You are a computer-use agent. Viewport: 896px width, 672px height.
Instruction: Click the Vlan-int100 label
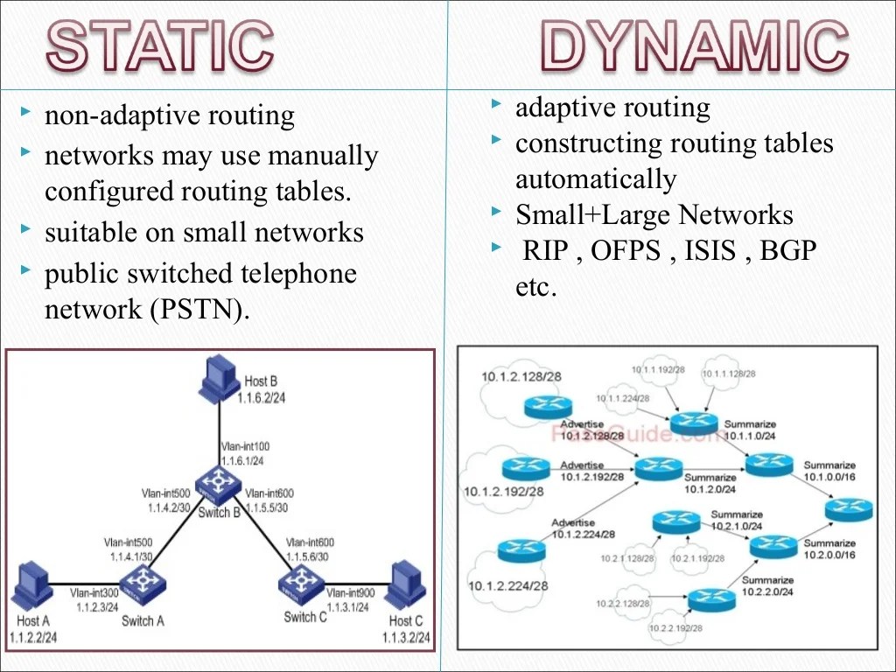[244, 446]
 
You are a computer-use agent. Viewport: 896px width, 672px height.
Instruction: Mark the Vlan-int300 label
[94, 593]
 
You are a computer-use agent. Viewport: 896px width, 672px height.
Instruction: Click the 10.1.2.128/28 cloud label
[521, 376]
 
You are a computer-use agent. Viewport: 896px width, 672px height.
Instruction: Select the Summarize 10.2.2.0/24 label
[767, 586]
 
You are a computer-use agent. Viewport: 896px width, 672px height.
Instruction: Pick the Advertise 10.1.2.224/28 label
[582, 528]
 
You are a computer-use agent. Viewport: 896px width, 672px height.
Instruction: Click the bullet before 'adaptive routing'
[496, 106]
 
